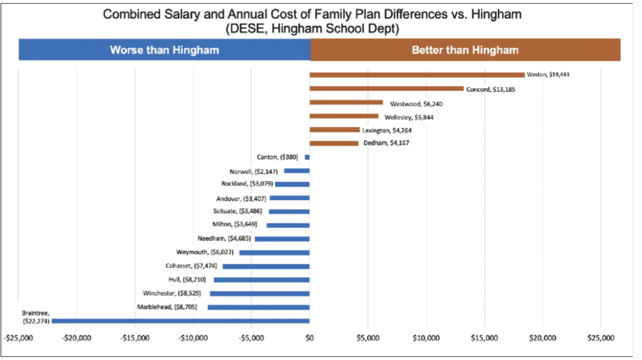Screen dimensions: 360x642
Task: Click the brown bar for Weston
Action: [x=417, y=75]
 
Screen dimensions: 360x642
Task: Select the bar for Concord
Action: [x=386, y=88]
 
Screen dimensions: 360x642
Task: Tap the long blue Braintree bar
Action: [x=181, y=320]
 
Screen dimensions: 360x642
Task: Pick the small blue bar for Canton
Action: [x=307, y=157]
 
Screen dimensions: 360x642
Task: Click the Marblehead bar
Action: [x=258, y=307]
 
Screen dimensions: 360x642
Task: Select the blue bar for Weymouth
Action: [x=275, y=252]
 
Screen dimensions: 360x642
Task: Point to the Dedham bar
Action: [x=334, y=143]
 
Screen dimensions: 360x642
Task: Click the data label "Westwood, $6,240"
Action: [x=413, y=103]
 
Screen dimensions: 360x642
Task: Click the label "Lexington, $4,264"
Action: [x=387, y=130]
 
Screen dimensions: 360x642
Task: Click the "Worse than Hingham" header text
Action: [x=164, y=50]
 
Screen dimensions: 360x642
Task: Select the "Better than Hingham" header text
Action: [x=465, y=50]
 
